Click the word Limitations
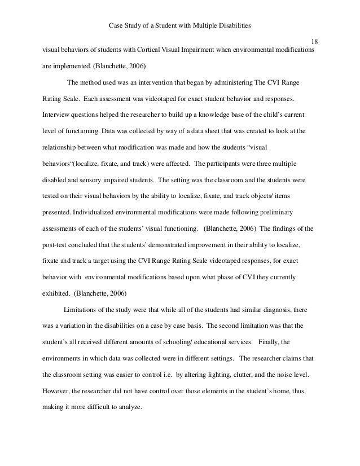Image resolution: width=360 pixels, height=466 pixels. pos(82,309)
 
